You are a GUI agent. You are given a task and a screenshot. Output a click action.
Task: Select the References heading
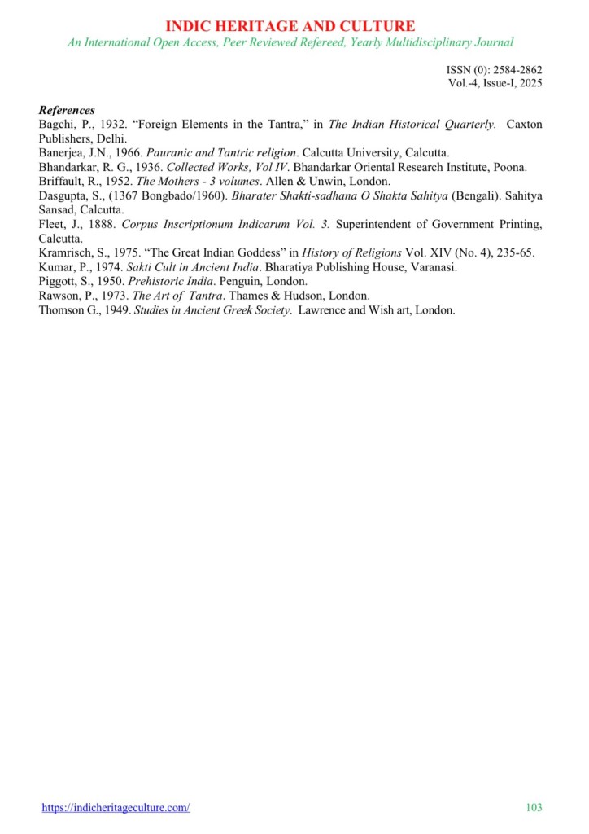coord(67,110)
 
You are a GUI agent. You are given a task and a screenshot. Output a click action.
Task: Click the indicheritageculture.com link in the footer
coord(116,807)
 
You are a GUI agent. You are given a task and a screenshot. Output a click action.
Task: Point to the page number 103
coord(534,807)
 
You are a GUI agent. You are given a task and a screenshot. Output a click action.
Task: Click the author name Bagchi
coord(57,124)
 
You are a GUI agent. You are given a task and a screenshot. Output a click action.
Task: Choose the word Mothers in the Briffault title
coord(176,181)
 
